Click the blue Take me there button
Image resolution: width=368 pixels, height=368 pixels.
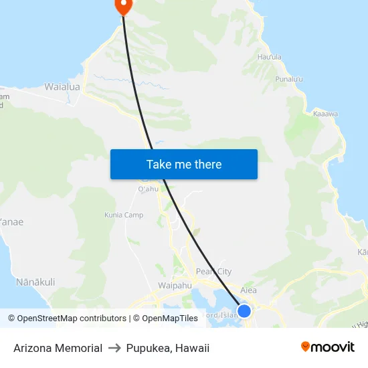click(184, 164)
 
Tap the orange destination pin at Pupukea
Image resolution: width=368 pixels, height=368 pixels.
click(124, 6)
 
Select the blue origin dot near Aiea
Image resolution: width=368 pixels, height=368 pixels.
click(244, 311)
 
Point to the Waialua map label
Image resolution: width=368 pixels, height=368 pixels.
click(62, 87)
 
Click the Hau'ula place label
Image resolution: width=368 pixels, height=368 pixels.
click(270, 58)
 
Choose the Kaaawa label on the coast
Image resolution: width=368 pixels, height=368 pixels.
click(325, 114)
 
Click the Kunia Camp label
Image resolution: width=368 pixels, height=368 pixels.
click(124, 215)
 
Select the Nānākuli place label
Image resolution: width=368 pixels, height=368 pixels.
click(35, 282)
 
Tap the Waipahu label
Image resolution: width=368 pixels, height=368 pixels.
click(175, 286)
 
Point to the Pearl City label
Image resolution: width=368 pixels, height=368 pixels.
click(213, 272)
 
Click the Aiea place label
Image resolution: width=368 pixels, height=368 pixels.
click(248, 290)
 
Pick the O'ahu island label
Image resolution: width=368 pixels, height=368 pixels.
click(148, 189)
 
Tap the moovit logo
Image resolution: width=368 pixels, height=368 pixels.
click(328, 347)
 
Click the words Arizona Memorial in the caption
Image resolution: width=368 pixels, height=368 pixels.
click(58, 348)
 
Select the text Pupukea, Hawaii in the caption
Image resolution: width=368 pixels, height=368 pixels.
click(168, 348)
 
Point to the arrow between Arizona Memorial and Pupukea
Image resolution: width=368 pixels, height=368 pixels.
click(114, 348)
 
